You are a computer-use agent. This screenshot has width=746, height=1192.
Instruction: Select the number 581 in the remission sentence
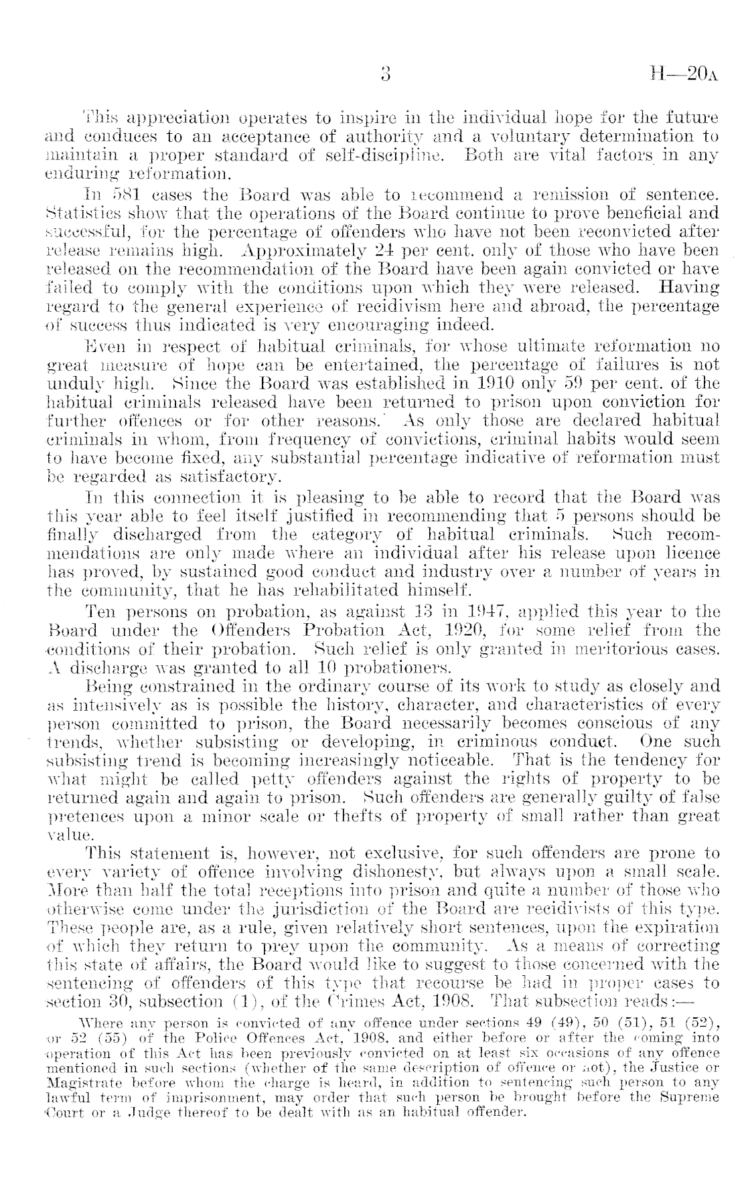pyautogui.click(x=125, y=197)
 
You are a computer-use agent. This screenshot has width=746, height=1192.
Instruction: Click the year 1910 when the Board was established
pyautogui.click(x=407, y=383)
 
